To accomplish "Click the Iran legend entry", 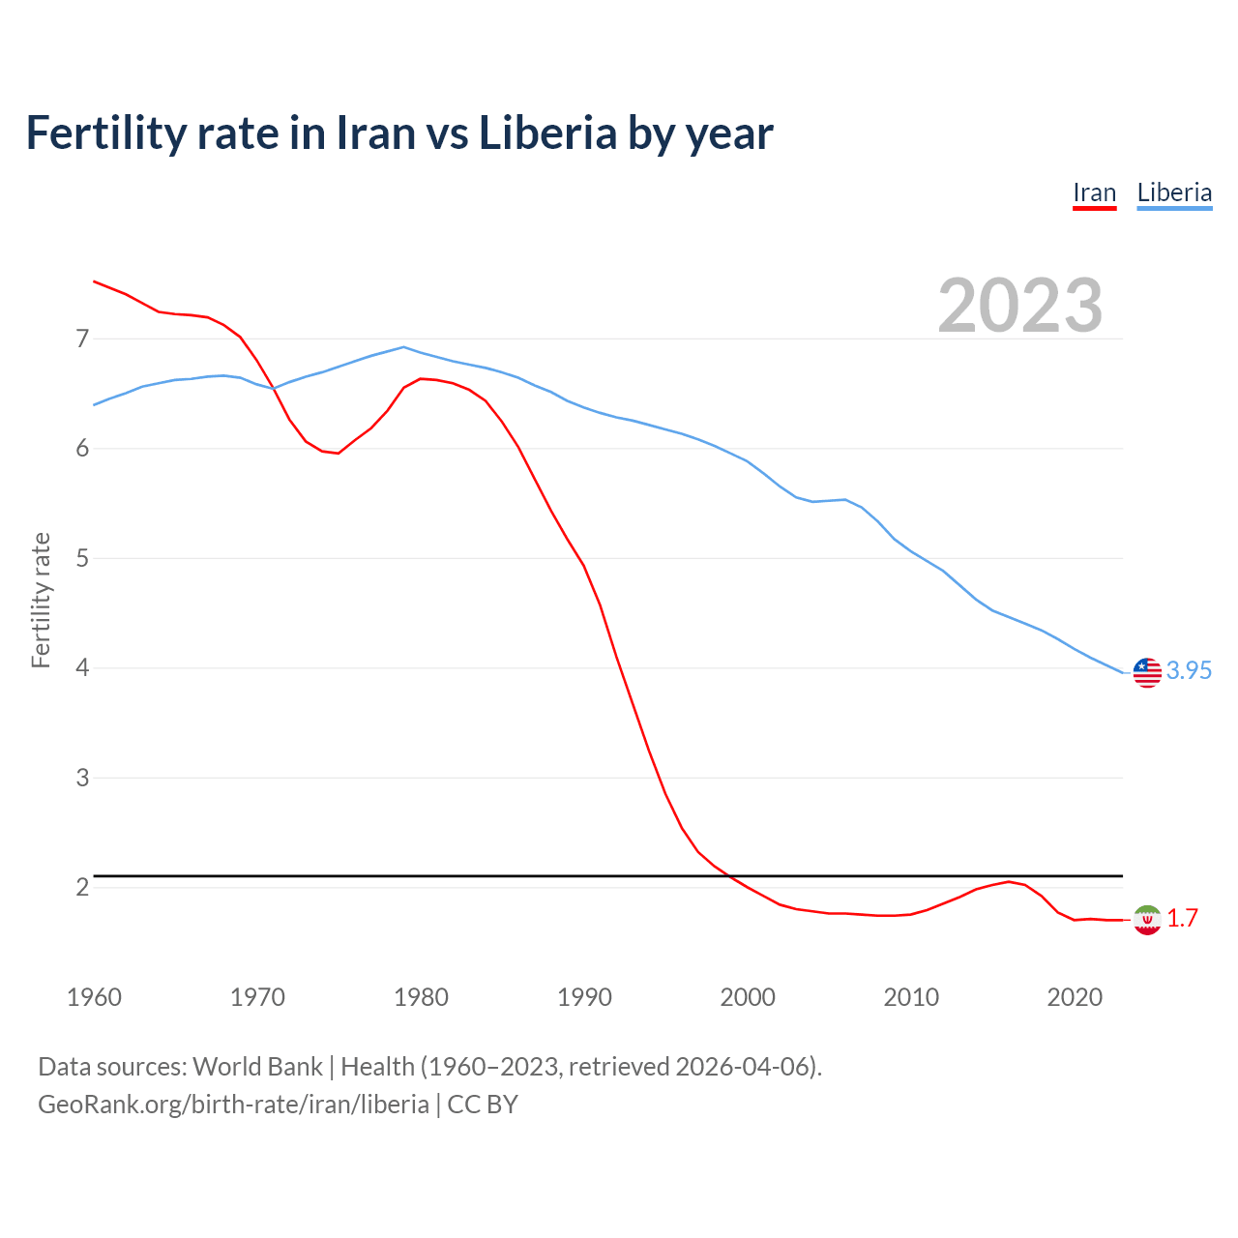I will (1094, 193).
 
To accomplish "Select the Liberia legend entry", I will (1174, 193).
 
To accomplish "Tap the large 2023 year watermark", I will (1020, 306).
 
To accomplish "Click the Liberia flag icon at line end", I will (1147, 671).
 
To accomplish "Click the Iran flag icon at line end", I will (1147, 919).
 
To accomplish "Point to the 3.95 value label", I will (1189, 670).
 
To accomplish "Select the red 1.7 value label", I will (1182, 918).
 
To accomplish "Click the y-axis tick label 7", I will (82, 339).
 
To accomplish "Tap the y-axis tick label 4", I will (82, 667).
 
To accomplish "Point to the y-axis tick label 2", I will (82, 887).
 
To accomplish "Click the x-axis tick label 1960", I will (94, 997).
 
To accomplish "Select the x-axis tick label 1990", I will (584, 997).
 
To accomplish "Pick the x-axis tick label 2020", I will (1075, 997).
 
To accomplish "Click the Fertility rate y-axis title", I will (41, 600).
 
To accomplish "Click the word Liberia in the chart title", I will (547, 133).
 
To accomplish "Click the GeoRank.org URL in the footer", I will (233, 1104).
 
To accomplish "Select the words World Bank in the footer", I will (257, 1066).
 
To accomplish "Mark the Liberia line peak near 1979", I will (403, 346).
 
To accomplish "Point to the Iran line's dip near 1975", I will (338, 453).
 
